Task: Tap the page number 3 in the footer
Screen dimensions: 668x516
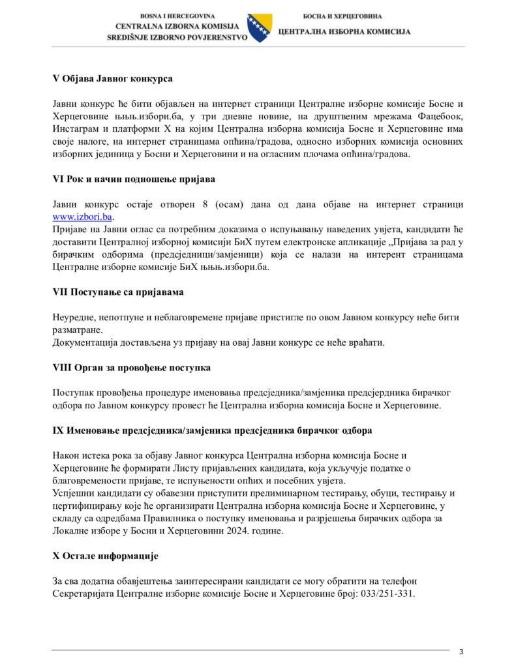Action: (461, 651)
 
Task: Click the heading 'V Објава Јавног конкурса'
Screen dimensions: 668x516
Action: (112, 79)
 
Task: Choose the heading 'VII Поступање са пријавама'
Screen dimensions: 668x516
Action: (117, 292)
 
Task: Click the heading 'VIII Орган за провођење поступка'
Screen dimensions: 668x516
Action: (131, 368)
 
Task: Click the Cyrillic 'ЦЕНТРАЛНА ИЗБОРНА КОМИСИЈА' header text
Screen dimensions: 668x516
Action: (344, 31)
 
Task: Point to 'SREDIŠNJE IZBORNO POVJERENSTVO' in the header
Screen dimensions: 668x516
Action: (177, 38)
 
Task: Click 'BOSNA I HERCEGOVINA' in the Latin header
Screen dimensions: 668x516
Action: (177, 15)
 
